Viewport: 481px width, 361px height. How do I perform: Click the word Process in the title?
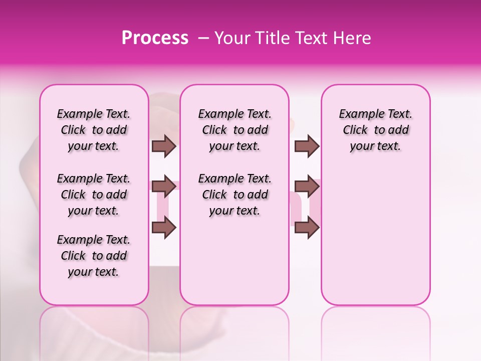pos(155,38)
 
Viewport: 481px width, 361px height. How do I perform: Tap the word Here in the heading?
pos(352,38)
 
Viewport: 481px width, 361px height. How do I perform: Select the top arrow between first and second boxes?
pos(164,146)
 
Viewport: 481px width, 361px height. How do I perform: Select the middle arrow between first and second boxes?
pos(164,187)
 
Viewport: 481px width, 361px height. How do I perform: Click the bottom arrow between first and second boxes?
pos(164,228)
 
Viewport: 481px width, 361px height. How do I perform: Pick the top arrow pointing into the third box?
pos(307,146)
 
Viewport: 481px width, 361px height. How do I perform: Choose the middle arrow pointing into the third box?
pos(307,187)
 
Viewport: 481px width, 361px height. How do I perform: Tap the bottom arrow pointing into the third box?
pos(307,228)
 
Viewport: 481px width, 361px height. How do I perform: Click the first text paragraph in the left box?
pos(94,130)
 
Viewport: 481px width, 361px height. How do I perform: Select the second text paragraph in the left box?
pos(94,195)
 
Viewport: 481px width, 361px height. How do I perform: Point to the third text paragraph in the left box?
pos(94,256)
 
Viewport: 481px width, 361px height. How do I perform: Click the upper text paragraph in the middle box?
pos(234,130)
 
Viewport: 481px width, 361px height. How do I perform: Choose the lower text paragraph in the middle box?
pos(234,195)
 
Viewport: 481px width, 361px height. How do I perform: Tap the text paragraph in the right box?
pos(375,130)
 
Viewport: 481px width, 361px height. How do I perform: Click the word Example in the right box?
pos(358,114)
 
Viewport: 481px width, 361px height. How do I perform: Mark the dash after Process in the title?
pos(203,39)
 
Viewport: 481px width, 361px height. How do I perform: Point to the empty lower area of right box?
pos(375,241)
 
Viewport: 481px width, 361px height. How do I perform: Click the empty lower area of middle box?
pos(234,261)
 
